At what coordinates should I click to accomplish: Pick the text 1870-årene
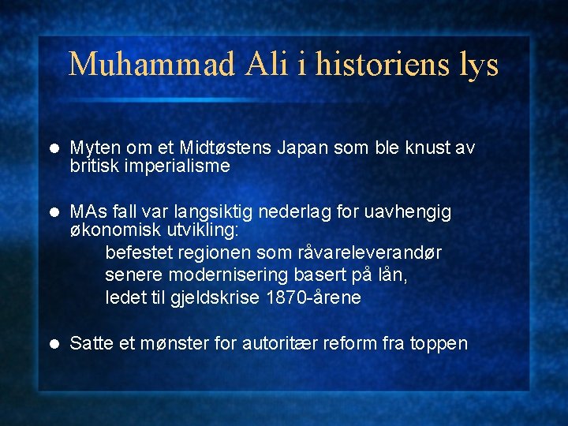click(x=314, y=297)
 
